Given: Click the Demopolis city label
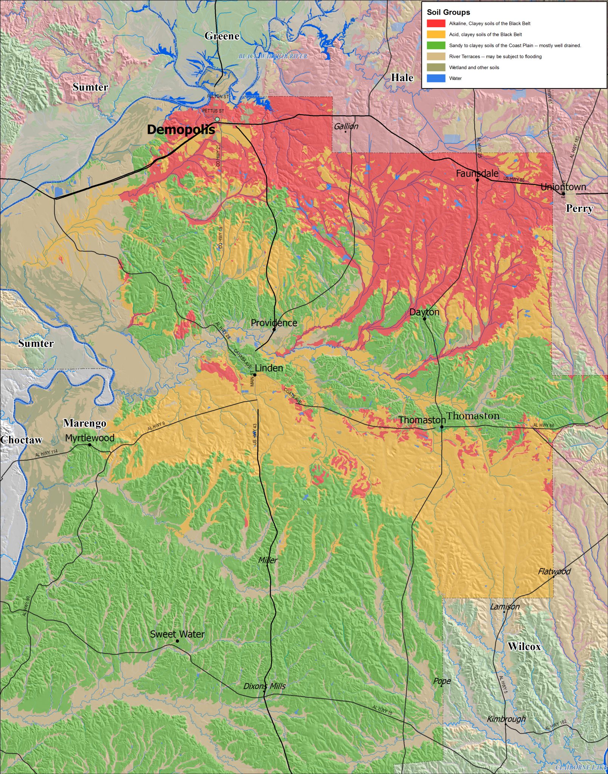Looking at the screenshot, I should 181,130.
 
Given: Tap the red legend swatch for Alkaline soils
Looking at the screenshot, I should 436,23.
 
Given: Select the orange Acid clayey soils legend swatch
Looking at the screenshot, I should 436,34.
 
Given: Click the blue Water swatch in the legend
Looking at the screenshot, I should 436,78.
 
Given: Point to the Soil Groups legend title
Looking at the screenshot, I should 448,12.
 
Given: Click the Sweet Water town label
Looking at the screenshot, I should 177,634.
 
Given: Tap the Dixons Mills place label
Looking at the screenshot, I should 264,686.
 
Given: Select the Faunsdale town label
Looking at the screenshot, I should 477,173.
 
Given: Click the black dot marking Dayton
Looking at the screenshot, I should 424,319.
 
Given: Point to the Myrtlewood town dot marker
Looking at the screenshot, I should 90,445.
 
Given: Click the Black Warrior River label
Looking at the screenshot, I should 272,56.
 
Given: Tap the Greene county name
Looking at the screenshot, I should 222,36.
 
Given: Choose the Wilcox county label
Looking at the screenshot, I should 524,646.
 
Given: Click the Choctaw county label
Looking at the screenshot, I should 21,440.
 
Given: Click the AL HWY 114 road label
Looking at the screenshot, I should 46,453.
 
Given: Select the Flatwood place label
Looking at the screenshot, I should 554,571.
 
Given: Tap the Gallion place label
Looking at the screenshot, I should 346,126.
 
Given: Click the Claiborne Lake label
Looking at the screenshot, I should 581,767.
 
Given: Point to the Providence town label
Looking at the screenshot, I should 274,323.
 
